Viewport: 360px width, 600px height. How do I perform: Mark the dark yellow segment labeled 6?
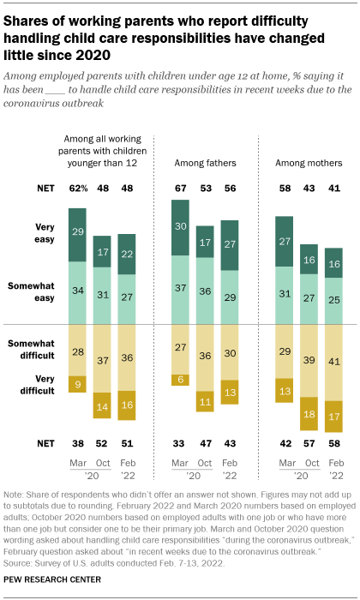coord(180,380)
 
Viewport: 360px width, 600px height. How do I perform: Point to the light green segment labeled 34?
coord(76,291)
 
